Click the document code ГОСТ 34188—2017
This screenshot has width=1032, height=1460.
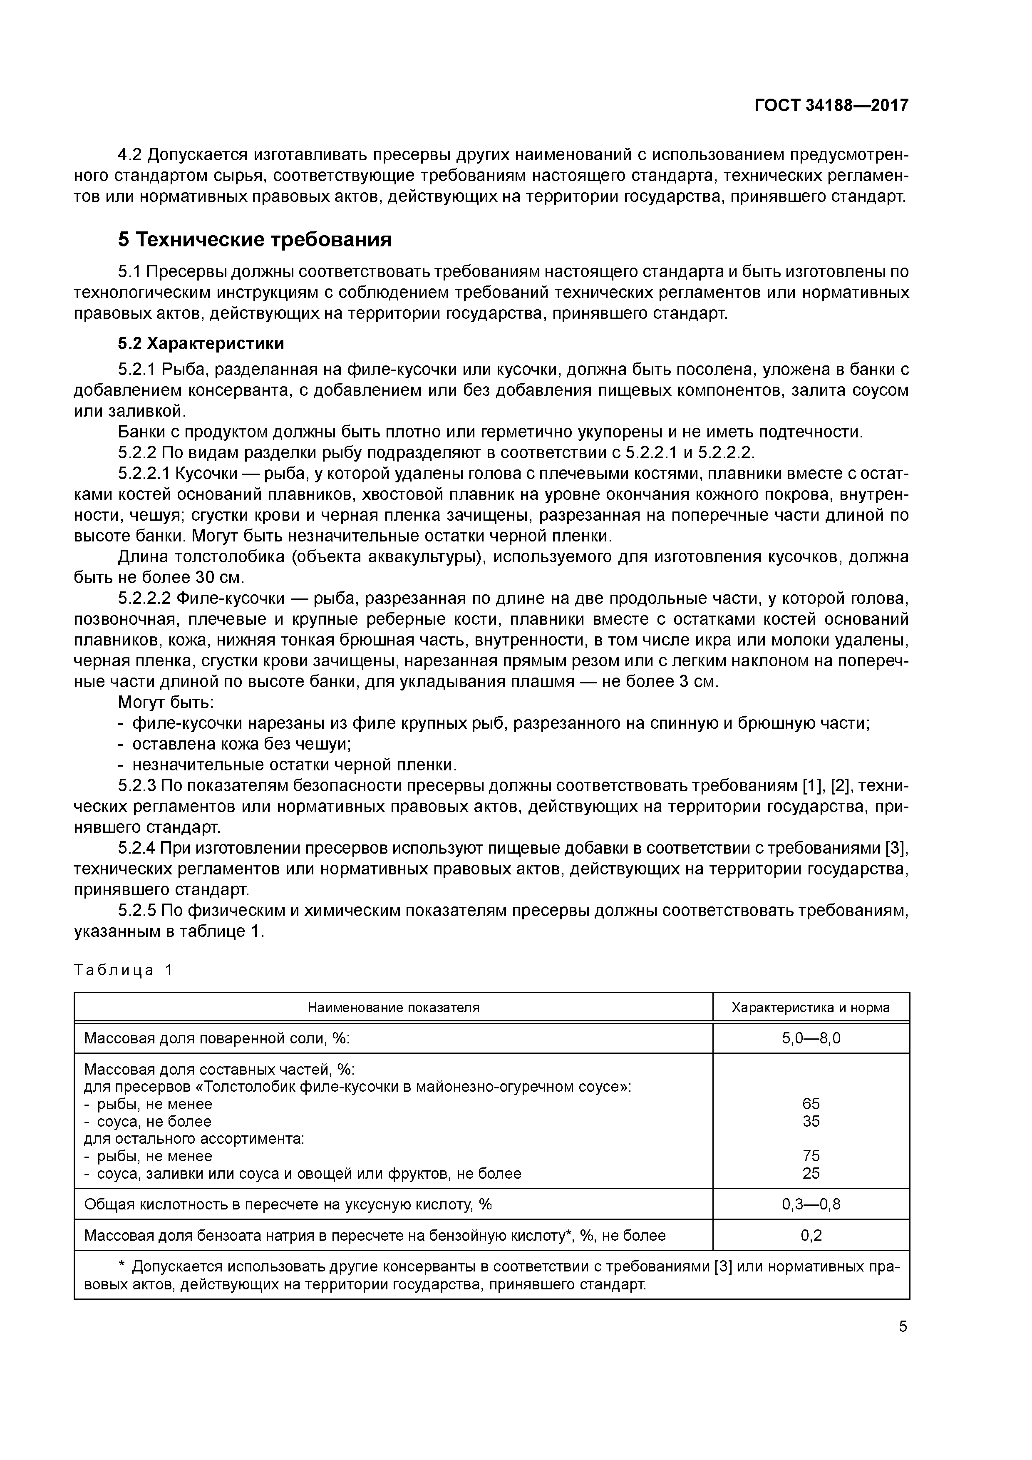tap(831, 105)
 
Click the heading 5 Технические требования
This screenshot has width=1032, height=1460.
tap(254, 240)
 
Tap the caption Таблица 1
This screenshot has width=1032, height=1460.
tap(123, 970)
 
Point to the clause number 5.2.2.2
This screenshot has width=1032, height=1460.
tap(144, 598)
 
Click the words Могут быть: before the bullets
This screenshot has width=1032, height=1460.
tap(166, 703)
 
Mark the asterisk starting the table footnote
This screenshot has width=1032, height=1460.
tap(123, 1265)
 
